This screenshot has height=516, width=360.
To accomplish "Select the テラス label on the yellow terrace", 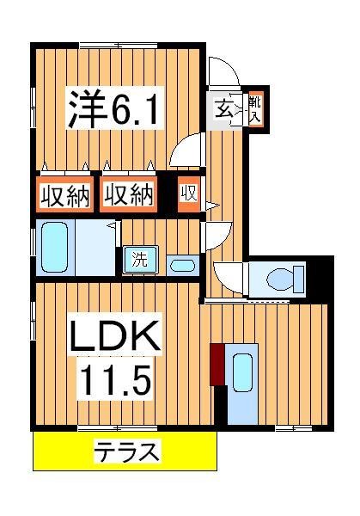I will click(126, 450).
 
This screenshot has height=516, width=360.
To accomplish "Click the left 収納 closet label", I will click(64, 195).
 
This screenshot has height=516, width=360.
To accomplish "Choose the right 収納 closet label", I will click(130, 195).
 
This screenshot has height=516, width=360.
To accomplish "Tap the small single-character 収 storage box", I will click(188, 194).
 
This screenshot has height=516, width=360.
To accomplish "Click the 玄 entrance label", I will click(223, 109).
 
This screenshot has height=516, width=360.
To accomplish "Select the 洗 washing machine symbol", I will click(138, 259).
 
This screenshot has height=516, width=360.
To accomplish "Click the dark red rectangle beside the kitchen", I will click(217, 365).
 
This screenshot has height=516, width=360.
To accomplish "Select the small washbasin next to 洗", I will click(181, 264).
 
